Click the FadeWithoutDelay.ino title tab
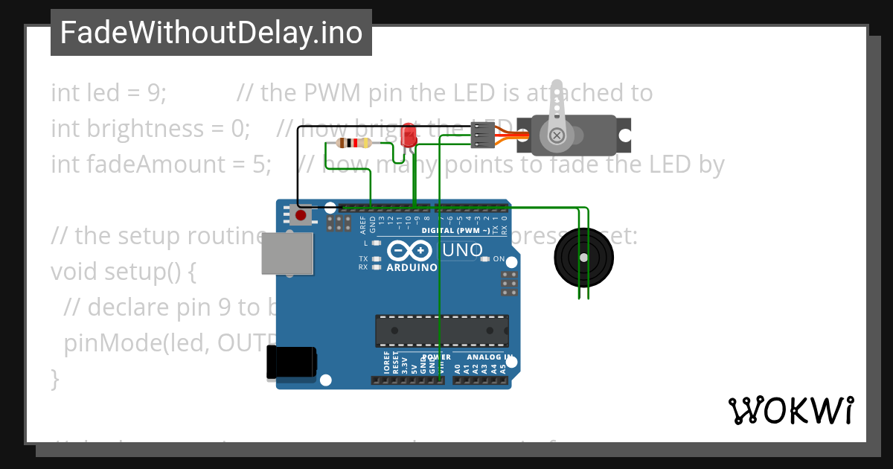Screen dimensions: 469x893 pyautogui.click(x=211, y=33)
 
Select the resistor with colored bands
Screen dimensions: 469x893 pyautogui.click(x=354, y=144)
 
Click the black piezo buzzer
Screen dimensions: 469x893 pyautogui.click(x=584, y=257)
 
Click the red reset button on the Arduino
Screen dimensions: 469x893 pyautogui.click(x=301, y=216)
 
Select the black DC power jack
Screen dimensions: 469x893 pyautogui.click(x=292, y=364)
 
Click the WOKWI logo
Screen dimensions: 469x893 pyautogui.click(x=790, y=410)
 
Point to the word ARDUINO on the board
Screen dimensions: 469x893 pyautogui.click(x=412, y=267)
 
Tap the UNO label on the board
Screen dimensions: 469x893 pyautogui.click(x=463, y=251)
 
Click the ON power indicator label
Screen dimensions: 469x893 pyautogui.click(x=499, y=260)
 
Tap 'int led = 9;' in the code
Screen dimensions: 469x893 pyautogui.click(x=109, y=93)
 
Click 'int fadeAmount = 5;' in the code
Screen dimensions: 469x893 pyautogui.click(x=161, y=164)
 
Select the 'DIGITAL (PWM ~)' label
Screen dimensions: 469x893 pyautogui.click(x=455, y=231)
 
